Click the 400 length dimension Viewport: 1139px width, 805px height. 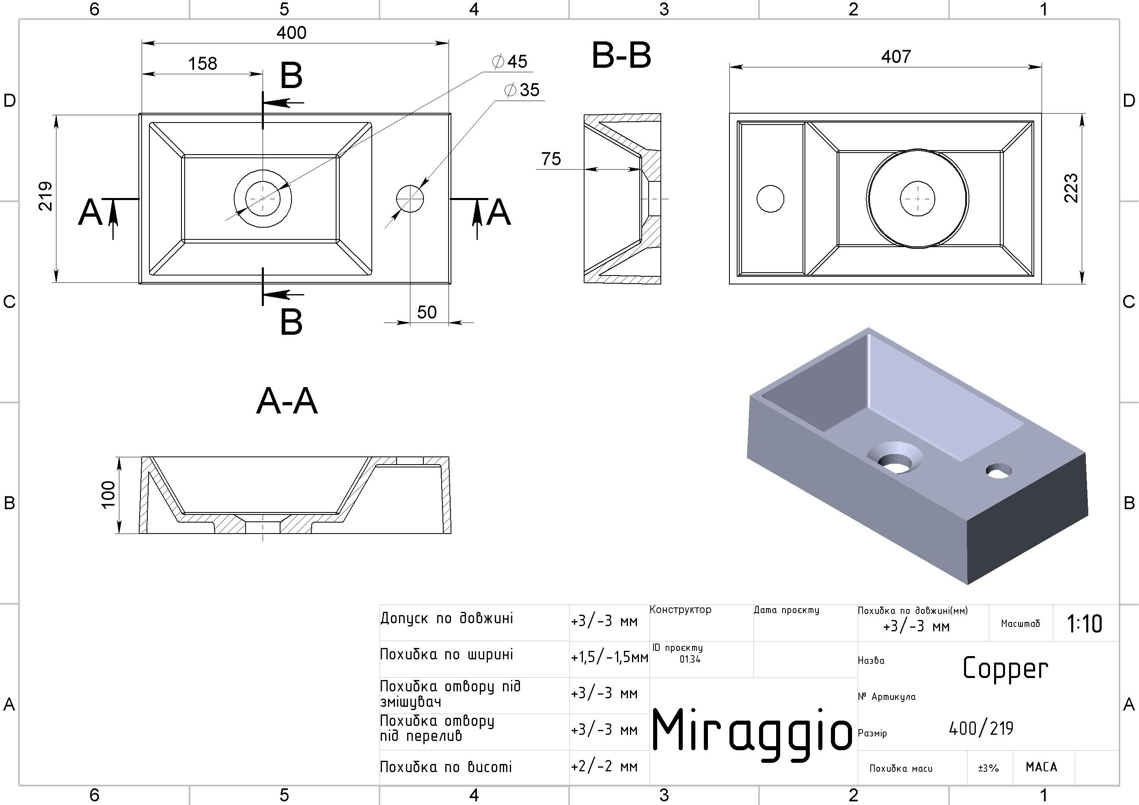pyautogui.click(x=291, y=33)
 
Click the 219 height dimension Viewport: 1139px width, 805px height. pyautogui.click(x=45, y=196)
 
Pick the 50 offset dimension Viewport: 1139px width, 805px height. pyautogui.click(x=427, y=312)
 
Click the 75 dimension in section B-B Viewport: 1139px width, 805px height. pyautogui.click(x=551, y=159)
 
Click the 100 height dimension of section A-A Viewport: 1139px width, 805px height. pyautogui.click(x=108, y=495)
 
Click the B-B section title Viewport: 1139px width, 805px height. pyautogui.click(x=621, y=56)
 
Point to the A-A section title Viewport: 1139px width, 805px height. pyautogui.click(x=287, y=402)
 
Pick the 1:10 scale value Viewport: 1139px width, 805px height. pyautogui.click(x=1085, y=624)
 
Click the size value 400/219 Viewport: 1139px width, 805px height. pyautogui.click(x=981, y=729)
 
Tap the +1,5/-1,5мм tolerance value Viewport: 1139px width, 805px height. pyautogui.click(x=609, y=658)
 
